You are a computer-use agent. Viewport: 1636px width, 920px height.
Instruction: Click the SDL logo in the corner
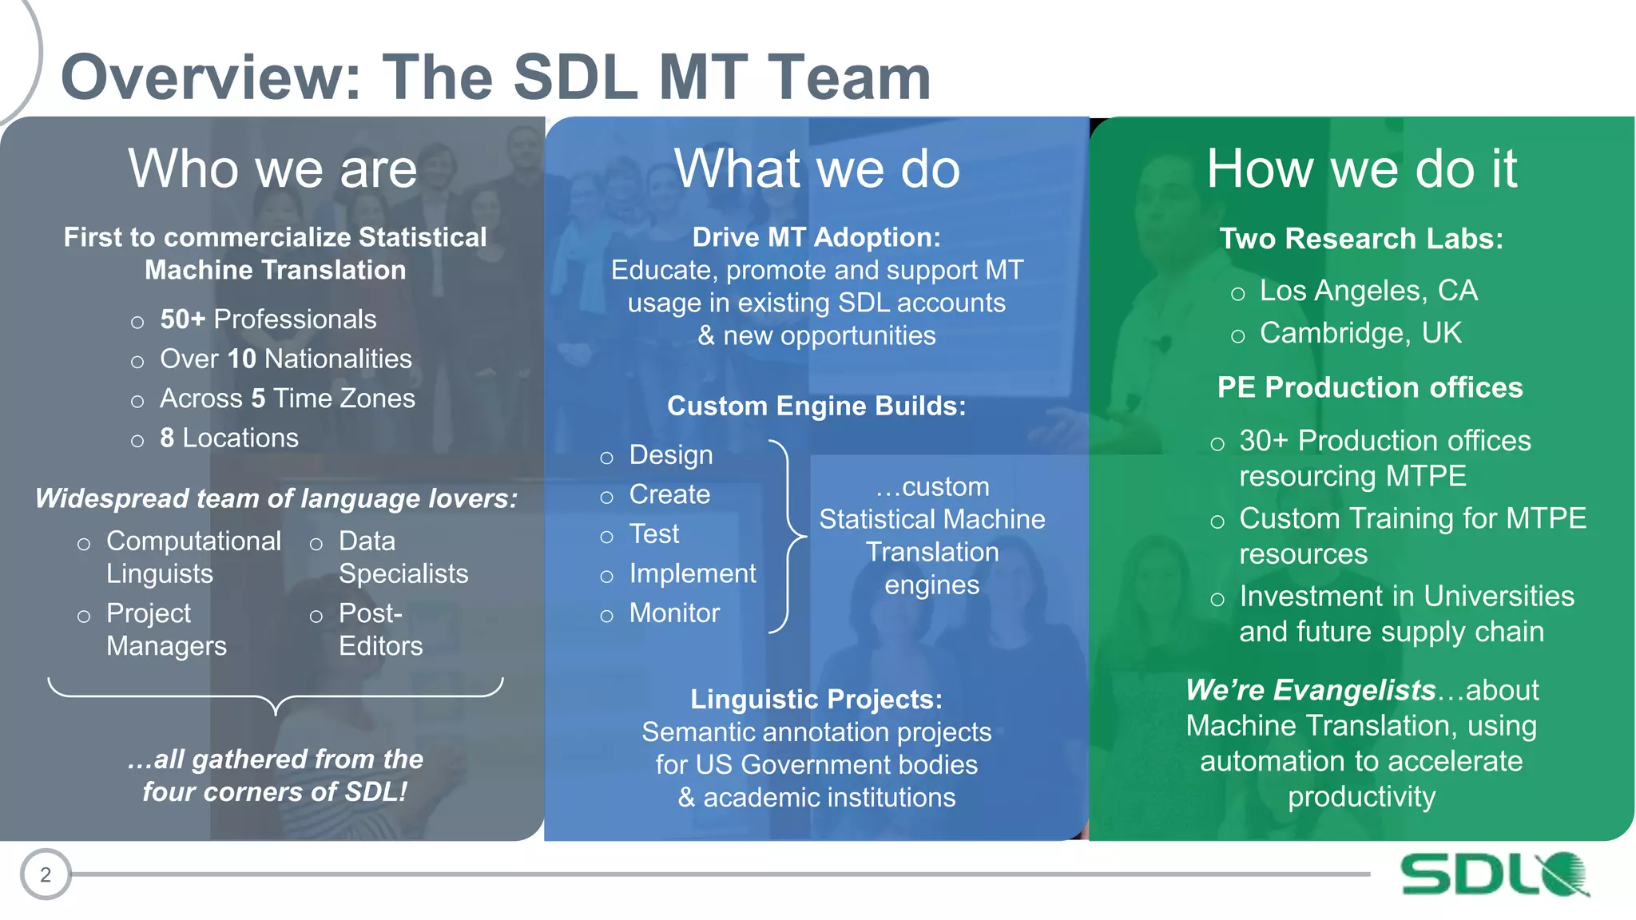(x=1494, y=874)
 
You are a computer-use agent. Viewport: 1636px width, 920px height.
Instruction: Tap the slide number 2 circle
(x=46, y=874)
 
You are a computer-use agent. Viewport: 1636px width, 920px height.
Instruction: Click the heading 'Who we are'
(x=272, y=169)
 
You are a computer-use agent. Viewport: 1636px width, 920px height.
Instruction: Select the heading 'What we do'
(x=816, y=169)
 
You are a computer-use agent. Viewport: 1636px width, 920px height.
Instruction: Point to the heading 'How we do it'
(x=1361, y=169)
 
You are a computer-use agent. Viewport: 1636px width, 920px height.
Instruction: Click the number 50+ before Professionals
(x=183, y=319)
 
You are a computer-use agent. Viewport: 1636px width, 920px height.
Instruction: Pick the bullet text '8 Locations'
(x=228, y=438)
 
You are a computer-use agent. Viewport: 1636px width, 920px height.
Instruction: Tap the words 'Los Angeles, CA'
(x=1368, y=291)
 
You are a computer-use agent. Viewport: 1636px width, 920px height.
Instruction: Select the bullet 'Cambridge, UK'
(x=1360, y=333)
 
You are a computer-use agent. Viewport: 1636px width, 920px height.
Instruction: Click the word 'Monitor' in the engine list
(x=674, y=613)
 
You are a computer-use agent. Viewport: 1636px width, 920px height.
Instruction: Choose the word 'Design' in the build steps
(x=671, y=454)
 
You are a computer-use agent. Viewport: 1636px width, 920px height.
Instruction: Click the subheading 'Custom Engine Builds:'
(x=816, y=406)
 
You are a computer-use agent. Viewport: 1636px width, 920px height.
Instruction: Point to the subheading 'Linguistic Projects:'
(x=816, y=699)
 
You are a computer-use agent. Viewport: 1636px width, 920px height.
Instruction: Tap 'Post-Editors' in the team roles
(x=379, y=629)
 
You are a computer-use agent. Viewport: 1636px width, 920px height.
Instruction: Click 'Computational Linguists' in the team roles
(x=193, y=557)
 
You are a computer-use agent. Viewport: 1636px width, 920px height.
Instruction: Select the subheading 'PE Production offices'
(x=1369, y=387)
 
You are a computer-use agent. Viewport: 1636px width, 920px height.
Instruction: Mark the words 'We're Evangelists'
(x=1310, y=690)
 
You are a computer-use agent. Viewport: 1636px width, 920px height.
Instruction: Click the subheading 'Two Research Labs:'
(x=1361, y=239)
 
